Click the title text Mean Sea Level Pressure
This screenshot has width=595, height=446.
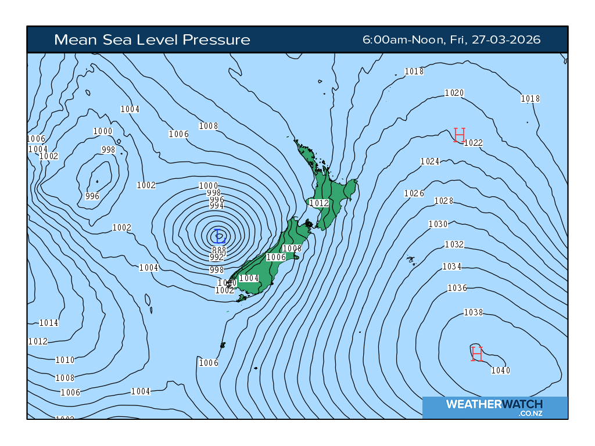pos(152,40)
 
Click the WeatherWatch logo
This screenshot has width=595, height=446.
pos(494,407)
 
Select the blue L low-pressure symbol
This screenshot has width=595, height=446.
pos(220,236)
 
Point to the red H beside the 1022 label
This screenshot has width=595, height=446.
pos(460,135)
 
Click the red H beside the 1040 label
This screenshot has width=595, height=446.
pos(477,353)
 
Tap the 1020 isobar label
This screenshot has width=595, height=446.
pos(454,93)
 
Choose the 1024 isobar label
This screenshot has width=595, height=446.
pos(429,161)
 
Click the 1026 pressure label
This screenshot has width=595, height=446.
pos(414,193)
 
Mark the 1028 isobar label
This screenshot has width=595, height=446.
pos(443,201)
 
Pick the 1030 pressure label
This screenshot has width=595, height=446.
pos(438,224)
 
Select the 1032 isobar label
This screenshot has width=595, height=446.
pos(454,244)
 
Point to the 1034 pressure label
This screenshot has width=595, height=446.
pos(451,267)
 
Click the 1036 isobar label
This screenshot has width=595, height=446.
pos(457,288)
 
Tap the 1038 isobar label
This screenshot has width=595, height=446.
pos(473,312)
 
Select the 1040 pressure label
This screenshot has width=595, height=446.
pos(500,371)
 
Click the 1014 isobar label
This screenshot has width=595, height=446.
pos(49,323)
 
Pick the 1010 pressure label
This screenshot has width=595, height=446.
pos(64,360)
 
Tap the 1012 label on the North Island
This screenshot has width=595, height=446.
pos(319,203)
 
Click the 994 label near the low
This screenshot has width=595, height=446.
pos(216,206)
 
